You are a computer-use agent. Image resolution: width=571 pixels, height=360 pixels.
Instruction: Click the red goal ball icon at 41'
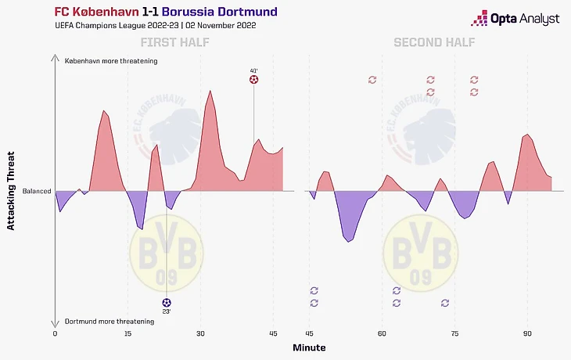tap(253, 80)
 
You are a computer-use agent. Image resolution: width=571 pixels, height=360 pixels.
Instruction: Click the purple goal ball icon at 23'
tap(166, 302)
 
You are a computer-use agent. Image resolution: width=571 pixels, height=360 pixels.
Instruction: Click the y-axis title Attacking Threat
tap(11, 192)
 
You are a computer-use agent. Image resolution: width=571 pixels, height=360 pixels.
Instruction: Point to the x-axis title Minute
tap(309, 347)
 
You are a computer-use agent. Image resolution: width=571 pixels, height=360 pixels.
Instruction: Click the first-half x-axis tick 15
tap(127, 334)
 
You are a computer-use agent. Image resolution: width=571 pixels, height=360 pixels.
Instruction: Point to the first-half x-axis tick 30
tap(200, 334)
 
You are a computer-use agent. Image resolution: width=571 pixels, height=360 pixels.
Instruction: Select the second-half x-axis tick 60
tap(382, 334)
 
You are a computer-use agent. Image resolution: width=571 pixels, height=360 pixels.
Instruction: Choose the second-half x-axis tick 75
tap(454, 334)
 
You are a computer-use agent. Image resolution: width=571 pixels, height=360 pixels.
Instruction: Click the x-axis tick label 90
tap(527, 334)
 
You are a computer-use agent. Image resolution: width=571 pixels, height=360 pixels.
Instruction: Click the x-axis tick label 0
tap(55, 334)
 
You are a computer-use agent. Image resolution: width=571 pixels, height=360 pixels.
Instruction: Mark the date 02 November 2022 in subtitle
tap(220, 26)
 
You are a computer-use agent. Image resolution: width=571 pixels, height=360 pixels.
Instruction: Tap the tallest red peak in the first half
tap(210, 92)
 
